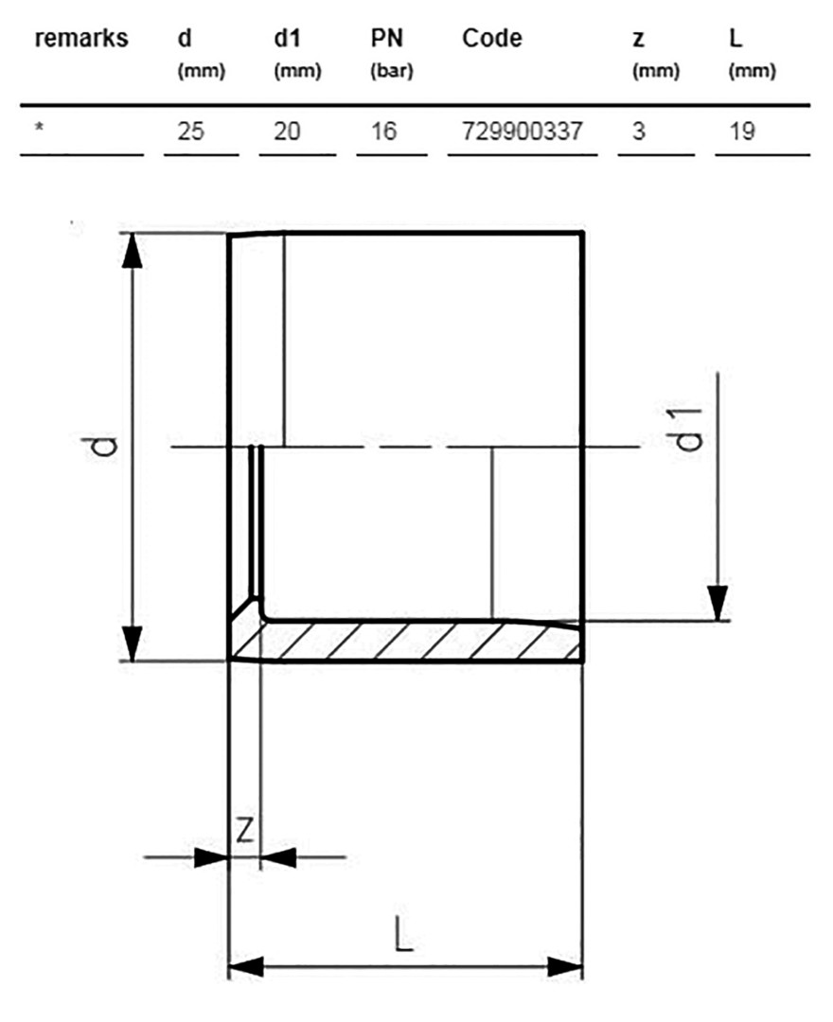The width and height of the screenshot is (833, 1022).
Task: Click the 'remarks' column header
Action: [81, 39]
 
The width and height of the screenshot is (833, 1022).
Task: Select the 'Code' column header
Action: [492, 39]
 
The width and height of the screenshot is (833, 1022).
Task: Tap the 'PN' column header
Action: [387, 39]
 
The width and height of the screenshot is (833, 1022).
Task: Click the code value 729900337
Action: [523, 131]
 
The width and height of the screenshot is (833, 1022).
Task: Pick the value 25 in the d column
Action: [190, 131]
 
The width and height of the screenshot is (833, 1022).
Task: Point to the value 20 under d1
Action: [287, 131]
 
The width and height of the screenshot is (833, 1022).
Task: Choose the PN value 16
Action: [383, 131]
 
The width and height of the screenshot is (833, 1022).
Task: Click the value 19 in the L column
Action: [742, 131]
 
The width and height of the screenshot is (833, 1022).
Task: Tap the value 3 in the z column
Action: [639, 131]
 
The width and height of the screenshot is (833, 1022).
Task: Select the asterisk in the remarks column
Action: [40, 127]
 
